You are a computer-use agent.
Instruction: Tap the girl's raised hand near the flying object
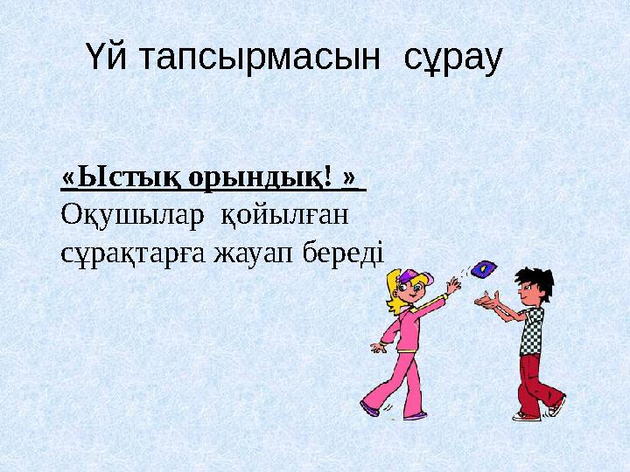pyautogui.click(x=452, y=285)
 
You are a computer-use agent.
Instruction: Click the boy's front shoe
pyautogui.click(x=527, y=415)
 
